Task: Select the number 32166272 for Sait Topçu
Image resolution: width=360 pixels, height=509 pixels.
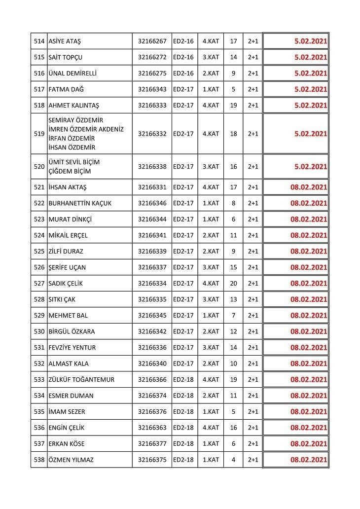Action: point(152,57)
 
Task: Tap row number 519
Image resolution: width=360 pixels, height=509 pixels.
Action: point(39,134)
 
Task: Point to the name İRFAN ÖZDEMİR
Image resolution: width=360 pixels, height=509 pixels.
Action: point(72,138)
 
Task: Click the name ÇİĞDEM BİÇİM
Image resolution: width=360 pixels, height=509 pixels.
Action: point(70,171)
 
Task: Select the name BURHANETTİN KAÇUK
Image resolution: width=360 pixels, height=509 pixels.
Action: point(80,203)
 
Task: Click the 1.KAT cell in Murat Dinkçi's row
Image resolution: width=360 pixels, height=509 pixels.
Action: point(211,219)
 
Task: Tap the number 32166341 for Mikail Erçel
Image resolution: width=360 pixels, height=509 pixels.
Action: point(152,235)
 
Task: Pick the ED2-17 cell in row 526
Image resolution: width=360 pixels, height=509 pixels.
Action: point(183,267)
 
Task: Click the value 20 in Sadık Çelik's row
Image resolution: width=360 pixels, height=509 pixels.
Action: point(233,283)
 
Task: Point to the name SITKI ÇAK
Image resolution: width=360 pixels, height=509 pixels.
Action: point(62,299)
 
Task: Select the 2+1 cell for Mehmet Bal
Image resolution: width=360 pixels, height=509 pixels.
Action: point(253,315)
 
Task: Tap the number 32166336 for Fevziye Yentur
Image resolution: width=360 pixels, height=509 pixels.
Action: point(152,347)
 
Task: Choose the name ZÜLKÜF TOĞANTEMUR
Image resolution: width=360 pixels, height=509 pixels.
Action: point(81,379)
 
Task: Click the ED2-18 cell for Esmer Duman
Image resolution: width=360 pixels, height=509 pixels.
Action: point(183,396)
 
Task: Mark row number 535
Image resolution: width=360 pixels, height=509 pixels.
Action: point(39,411)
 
